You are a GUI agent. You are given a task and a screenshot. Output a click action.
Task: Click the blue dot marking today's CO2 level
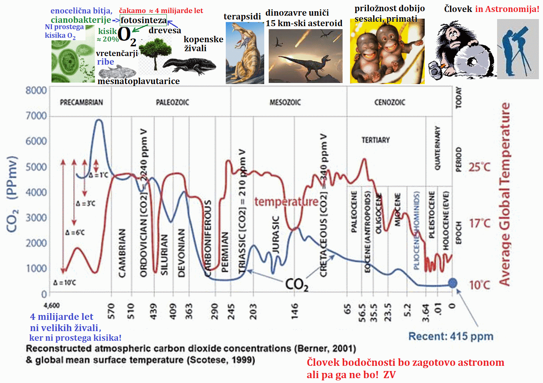pyautogui.click(x=452, y=283)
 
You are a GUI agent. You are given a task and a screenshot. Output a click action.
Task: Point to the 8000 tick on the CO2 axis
pyautogui.click(x=36, y=90)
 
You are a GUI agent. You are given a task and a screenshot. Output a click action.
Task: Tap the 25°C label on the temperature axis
pyautogui.click(x=480, y=167)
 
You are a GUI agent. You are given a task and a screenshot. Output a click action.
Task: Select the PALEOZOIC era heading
pyautogui.click(x=172, y=102)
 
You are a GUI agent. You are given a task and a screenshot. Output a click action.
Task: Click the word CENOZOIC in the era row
pyautogui.click(x=390, y=102)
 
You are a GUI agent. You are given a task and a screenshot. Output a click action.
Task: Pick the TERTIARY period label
pyautogui.click(x=375, y=140)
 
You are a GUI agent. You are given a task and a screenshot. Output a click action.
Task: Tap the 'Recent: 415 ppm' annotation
pyautogui.click(x=451, y=336)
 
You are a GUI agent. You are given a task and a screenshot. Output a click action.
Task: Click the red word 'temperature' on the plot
pyautogui.click(x=286, y=202)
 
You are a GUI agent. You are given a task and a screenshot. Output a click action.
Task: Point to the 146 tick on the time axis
pyautogui.click(x=294, y=311)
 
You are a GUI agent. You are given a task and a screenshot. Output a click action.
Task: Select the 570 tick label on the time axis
pyautogui.click(x=111, y=311)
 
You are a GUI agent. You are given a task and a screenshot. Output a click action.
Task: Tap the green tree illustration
pyautogui.click(x=155, y=52)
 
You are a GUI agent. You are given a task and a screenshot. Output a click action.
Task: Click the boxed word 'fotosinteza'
pyautogui.click(x=144, y=20)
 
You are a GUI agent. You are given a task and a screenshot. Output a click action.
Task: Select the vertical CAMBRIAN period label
pyautogui.click(x=122, y=253)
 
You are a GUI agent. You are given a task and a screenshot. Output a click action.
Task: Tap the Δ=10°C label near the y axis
pyautogui.click(x=65, y=282)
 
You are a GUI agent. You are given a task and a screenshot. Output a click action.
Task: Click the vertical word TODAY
pyautogui.click(x=459, y=98)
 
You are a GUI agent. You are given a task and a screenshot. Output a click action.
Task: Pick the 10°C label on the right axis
pyautogui.click(x=480, y=285)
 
